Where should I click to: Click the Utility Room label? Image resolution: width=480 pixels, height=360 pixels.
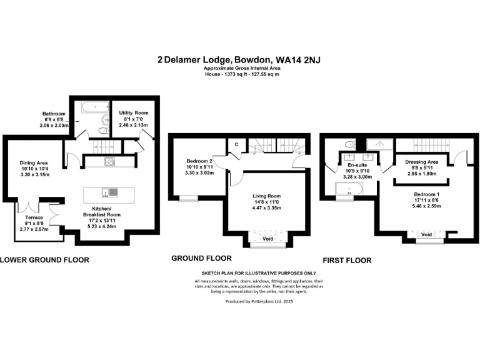pyautogui.click(x=133, y=113)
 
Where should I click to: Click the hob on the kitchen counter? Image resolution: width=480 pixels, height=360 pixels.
pyautogui.click(x=109, y=162)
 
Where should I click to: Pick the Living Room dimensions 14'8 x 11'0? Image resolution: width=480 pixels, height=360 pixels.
pyautogui.click(x=267, y=203)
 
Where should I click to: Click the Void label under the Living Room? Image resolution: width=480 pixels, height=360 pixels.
pyautogui.click(x=267, y=239)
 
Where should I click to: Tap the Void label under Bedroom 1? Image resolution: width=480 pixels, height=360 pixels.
pyautogui.click(x=427, y=234)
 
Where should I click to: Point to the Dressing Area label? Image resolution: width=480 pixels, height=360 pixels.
pyautogui.click(x=421, y=162)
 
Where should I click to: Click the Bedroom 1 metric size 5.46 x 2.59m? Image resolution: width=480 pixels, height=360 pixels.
pyautogui.click(x=427, y=206)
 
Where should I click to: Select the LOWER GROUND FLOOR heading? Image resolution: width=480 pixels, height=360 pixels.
pyautogui.click(x=44, y=259)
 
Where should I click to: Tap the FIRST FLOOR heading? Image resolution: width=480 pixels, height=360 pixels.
pyautogui.click(x=347, y=260)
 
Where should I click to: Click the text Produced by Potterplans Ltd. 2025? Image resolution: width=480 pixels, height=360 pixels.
pyautogui.click(x=259, y=301)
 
